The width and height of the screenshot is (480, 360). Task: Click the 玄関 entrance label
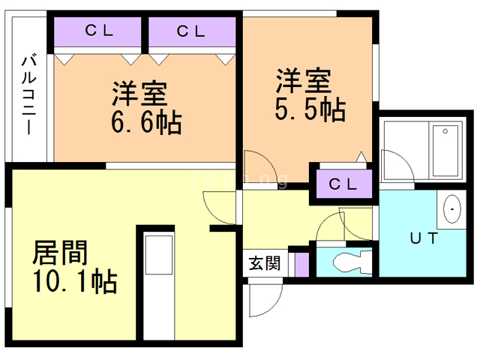pos(265,263)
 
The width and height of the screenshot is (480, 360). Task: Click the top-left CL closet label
pos(98,31)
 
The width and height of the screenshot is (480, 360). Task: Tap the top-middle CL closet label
pos(192,31)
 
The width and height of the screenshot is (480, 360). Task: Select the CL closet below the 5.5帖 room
pos(343,184)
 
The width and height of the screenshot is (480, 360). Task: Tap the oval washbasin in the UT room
pos(453,209)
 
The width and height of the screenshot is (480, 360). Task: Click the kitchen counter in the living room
pos(158,256)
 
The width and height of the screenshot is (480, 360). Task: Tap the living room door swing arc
pos(219,204)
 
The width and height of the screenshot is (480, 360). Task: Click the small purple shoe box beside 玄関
pos(301,263)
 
